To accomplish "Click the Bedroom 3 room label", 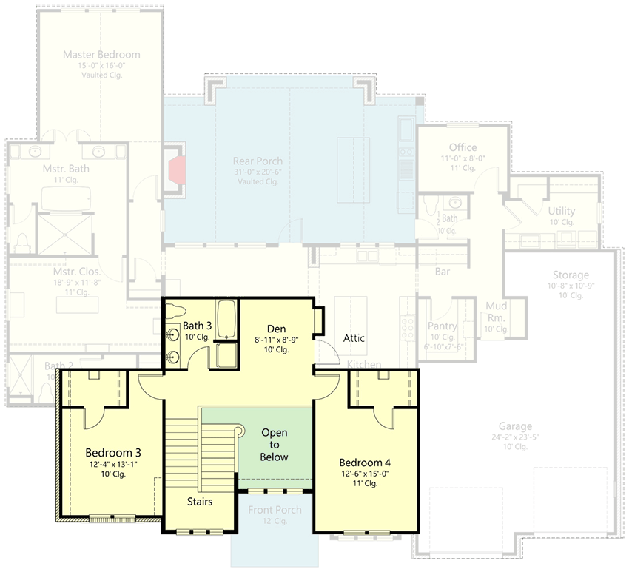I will pyautogui.click(x=113, y=452).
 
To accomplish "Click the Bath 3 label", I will pyautogui.click(x=198, y=325).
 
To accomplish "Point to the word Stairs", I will pyautogui.click(x=200, y=502).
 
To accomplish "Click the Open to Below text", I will pyautogui.click(x=274, y=445).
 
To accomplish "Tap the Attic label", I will pyautogui.click(x=354, y=338).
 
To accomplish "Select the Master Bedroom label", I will pyautogui.click(x=101, y=55).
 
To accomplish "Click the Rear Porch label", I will pyautogui.click(x=258, y=161).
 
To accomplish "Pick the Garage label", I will pyautogui.click(x=515, y=426).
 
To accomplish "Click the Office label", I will pyautogui.click(x=462, y=147).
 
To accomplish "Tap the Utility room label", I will pyautogui.click(x=562, y=211).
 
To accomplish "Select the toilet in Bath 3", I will pyautogui.click(x=174, y=310).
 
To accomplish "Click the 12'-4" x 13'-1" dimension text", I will pyautogui.click(x=113, y=464).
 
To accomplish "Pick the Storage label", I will pyautogui.click(x=570, y=275).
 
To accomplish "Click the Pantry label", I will pyautogui.click(x=443, y=326).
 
